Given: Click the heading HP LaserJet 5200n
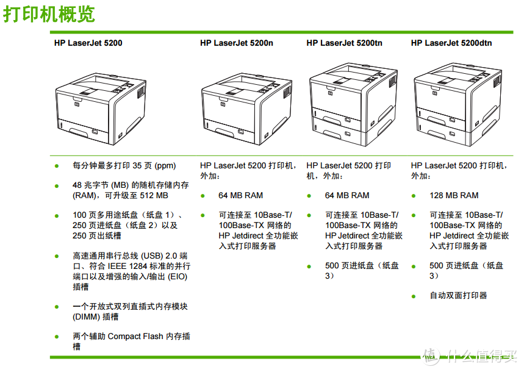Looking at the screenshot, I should click(236, 43).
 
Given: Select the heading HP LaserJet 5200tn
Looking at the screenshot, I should click(344, 43).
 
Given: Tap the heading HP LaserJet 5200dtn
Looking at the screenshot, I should click(451, 43).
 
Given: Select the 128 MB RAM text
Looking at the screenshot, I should click(454, 196).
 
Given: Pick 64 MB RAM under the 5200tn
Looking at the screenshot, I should click(347, 196).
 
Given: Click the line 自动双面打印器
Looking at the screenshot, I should click(458, 296).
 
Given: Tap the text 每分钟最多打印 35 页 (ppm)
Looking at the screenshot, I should click(124, 166).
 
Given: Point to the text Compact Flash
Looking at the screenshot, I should click(135, 337).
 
